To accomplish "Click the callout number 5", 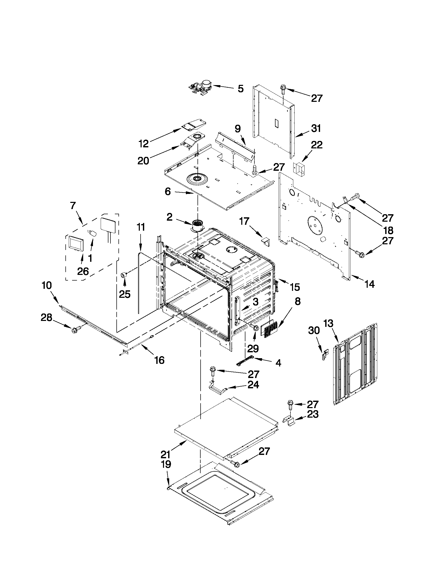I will pyautogui.click(x=241, y=89).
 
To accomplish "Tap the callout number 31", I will pyautogui.click(x=316, y=129).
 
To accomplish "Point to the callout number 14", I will pyautogui.click(x=369, y=284).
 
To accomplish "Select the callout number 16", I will pyautogui.click(x=159, y=360).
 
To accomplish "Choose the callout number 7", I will pyautogui.click(x=73, y=206).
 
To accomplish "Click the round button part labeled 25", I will pyautogui.click(x=124, y=275).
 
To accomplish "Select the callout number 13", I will pyautogui.click(x=328, y=324).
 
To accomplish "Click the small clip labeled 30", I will pyautogui.click(x=325, y=354).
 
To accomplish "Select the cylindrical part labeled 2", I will pyautogui.click(x=197, y=226).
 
